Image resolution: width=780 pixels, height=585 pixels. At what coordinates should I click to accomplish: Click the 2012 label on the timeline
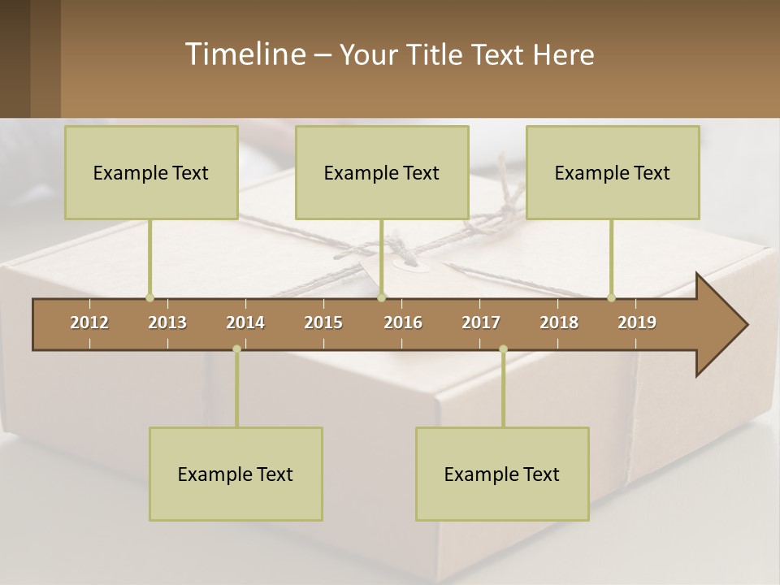point(89,323)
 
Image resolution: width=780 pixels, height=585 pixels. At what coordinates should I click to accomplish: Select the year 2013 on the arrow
point(167,323)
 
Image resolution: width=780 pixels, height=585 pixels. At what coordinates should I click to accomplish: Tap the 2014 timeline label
point(245,323)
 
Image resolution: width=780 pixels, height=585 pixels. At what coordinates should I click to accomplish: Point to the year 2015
point(323,323)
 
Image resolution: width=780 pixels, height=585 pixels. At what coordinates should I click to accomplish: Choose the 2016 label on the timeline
point(403,323)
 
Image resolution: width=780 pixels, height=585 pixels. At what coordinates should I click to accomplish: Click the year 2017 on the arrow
point(481,323)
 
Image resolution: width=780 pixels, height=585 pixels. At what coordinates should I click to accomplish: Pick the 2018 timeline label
point(559,323)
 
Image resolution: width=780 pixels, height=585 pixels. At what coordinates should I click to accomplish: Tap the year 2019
point(637,323)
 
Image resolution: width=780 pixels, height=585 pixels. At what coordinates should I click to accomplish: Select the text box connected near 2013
point(151,172)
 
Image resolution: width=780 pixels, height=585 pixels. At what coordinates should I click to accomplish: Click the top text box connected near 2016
point(382,172)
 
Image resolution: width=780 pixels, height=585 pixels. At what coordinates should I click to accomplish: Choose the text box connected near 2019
point(613,172)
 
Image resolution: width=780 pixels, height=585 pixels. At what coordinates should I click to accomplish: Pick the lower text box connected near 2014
point(236,474)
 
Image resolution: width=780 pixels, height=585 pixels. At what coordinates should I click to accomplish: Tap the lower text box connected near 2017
point(502,474)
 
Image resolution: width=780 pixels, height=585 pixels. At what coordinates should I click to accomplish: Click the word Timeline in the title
point(245,54)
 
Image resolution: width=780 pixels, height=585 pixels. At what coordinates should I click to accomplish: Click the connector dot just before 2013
point(149,297)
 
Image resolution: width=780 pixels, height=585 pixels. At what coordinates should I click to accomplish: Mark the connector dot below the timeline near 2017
point(503,349)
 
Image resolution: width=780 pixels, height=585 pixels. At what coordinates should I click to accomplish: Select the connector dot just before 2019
point(611,297)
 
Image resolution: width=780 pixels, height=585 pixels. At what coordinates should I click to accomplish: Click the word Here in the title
point(563,54)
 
